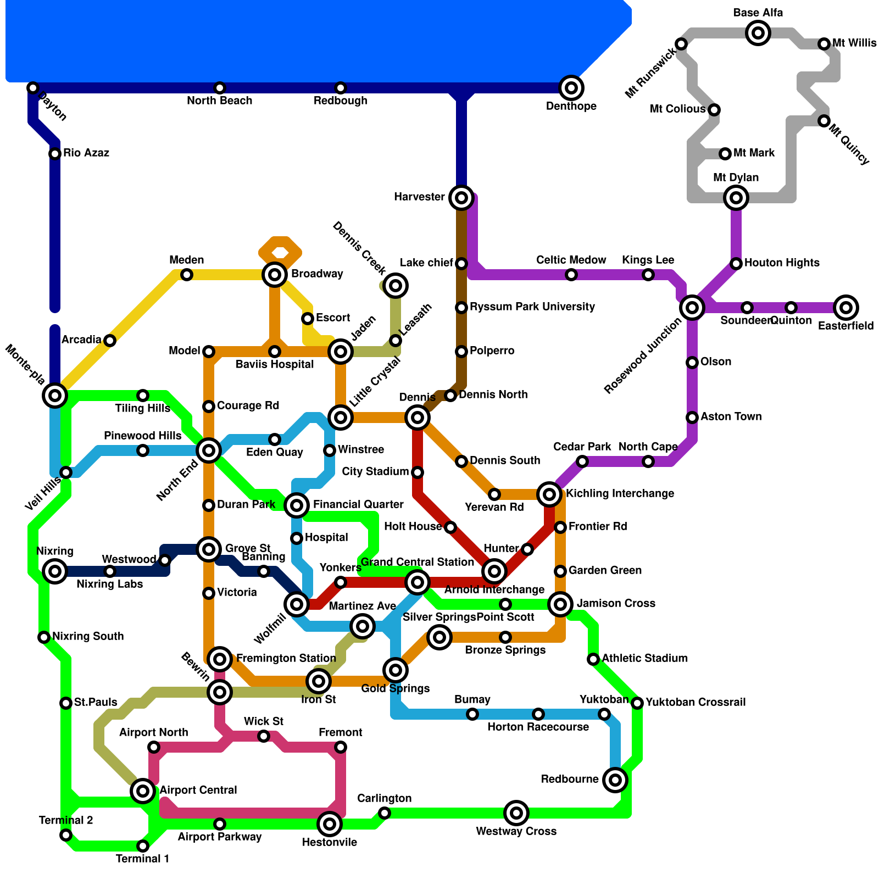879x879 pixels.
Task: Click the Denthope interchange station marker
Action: pyautogui.click(x=571, y=88)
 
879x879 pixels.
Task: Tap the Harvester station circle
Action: pyautogui.click(x=461, y=197)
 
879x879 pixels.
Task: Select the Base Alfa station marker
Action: pyautogui.click(x=758, y=33)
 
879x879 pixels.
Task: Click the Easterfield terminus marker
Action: pyautogui.click(x=846, y=308)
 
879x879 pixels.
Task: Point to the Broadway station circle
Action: pyautogui.click(x=275, y=274)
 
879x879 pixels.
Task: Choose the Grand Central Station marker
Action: pyautogui.click(x=418, y=582)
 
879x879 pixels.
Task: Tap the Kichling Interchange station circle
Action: pyautogui.click(x=549, y=494)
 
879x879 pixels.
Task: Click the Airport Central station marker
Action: pyautogui.click(x=143, y=791)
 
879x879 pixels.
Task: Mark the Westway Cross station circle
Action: pyautogui.click(x=516, y=813)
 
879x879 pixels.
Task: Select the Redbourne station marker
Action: pyautogui.click(x=615, y=780)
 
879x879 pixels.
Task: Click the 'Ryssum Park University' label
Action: pyautogui.click(x=532, y=307)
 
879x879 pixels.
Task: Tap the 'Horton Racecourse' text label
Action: pyautogui.click(x=538, y=727)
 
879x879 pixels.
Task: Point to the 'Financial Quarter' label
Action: pyautogui.click(x=358, y=504)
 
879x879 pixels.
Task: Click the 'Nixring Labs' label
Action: pyautogui.click(x=109, y=584)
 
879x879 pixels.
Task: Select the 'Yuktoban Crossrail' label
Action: pyautogui.click(x=696, y=702)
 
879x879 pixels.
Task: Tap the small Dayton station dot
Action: pyautogui.click(x=33, y=88)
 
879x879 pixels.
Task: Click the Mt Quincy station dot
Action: pyautogui.click(x=824, y=121)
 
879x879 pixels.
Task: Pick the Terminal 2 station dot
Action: pyautogui.click(x=66, y=835)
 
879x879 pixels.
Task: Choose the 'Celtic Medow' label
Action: pyautogui.click(x=571, y=260)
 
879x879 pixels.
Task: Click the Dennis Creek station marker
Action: pyautogui.click(x=396, y=285)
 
